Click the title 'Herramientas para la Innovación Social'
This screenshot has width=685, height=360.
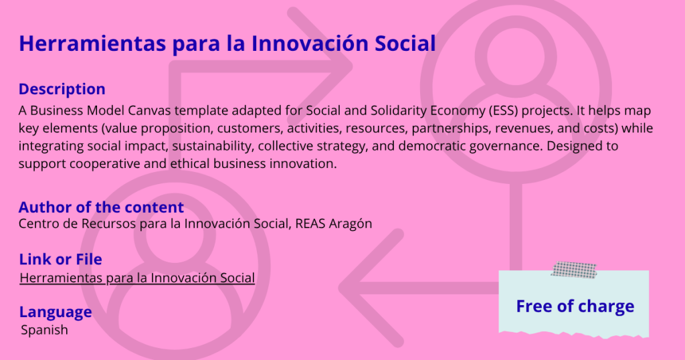(227, 43)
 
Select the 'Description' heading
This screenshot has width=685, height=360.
(62, 89)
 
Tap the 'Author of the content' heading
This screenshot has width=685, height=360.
(102, 207)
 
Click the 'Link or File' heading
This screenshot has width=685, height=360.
(61, 259)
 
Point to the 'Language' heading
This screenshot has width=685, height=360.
(56, 312)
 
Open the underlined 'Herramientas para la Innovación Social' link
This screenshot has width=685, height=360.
(137, 278)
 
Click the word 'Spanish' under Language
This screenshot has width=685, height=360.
(44, 330)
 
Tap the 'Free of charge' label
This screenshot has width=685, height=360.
(575, 306)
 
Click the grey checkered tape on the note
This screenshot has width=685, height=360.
(573, 270)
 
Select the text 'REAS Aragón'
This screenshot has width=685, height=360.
(333, 223)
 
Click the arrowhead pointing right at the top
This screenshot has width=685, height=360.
(321, 66)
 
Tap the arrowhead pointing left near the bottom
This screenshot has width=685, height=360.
(371, 288)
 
